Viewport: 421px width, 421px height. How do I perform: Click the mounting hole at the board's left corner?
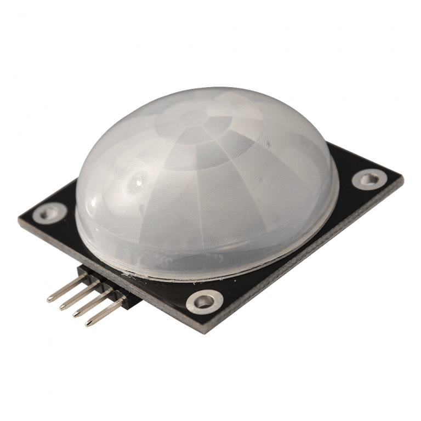point(49,212)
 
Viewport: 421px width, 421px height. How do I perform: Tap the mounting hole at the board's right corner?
point(368,179)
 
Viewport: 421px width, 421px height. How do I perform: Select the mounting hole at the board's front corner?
point(204,301)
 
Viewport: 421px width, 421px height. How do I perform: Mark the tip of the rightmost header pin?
point(88,323)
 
